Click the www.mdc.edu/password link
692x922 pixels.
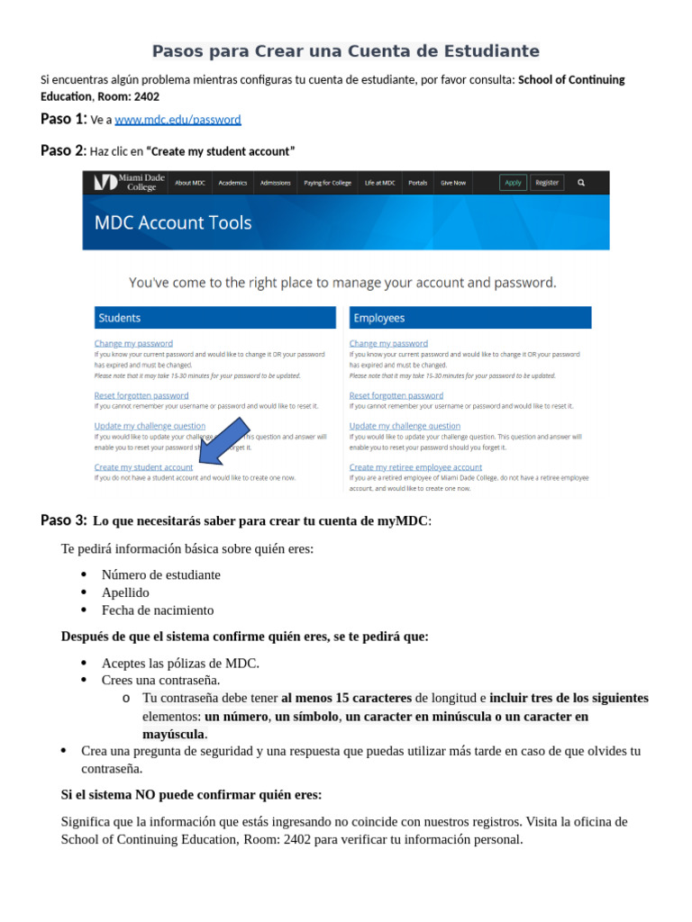click(x=178, y=120)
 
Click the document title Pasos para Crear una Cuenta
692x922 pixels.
click(x=345, y=51)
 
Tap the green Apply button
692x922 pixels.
click(x=513, y=183)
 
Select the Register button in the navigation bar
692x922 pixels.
click(x=547, y=183)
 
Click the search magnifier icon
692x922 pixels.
click(x=581, y=183)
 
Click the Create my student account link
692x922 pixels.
click(x=143, y=467)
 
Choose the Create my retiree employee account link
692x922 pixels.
click(x=415, y=467)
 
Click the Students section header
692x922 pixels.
click(x=214, y=318)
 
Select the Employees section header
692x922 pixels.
click(x=469, y=318)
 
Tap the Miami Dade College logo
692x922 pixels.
click(x=130, y=183)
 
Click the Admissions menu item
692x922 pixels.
click(x=275, y=183)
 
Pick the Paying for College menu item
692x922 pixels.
click(x=327, y=183)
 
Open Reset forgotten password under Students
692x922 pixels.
click(x=141, y=395)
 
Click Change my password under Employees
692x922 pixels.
click(x=388, y=343)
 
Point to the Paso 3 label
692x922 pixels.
click(x=63, y=520)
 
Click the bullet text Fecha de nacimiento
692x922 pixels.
click(x=158, y=610)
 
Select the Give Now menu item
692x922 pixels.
click(x=453, y=183)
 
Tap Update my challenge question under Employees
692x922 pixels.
click(x=405, y=426)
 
